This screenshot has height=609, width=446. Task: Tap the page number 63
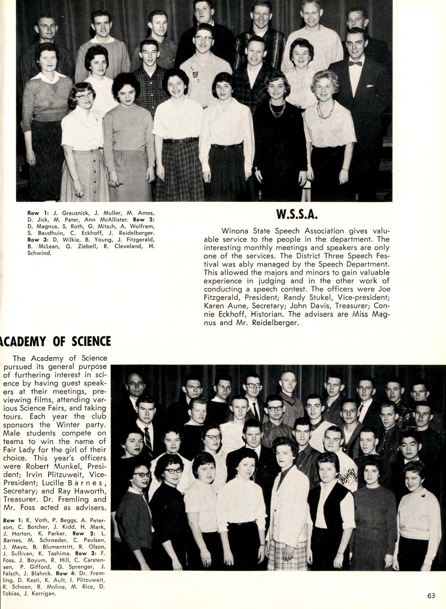coord(431,596)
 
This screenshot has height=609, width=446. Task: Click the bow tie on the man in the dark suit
coord(355,63)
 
